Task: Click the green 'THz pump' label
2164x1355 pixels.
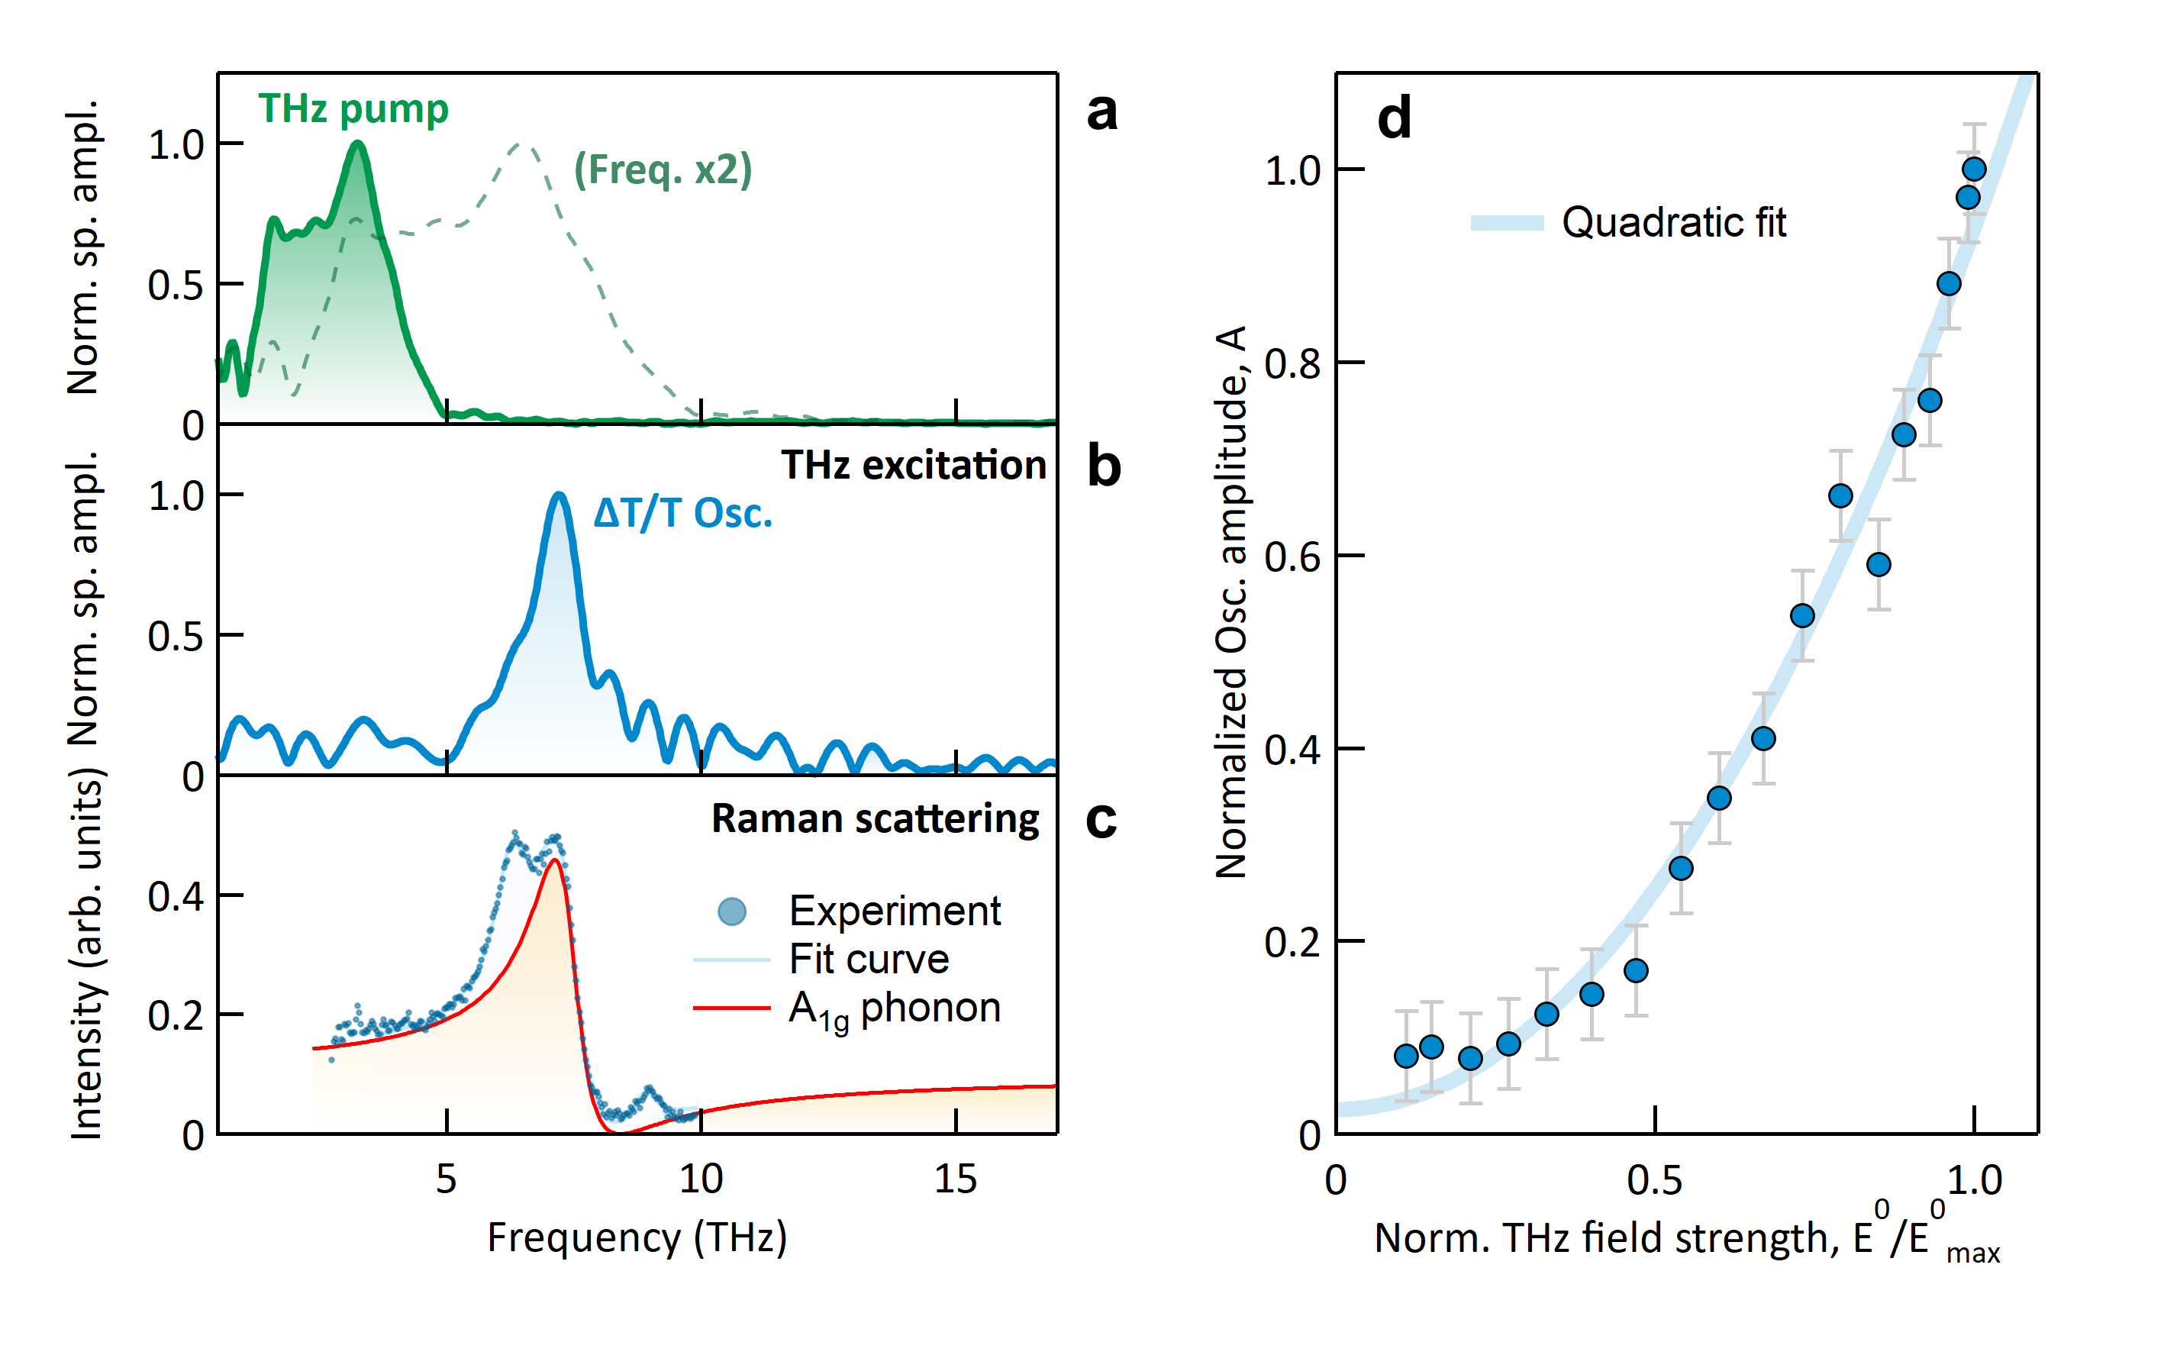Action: (x=353, y=109)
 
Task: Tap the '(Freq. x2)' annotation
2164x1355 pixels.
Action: (x=663, y=169)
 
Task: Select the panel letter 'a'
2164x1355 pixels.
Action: (x=1101, y=112)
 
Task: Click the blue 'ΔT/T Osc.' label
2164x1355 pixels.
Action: (x=683, y=514)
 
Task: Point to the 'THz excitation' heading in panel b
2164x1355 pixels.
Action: (x=913, y=465)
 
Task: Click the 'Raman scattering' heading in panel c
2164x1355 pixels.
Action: (x=875, y=819)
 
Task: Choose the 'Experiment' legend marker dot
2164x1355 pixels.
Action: (x=732, y=912)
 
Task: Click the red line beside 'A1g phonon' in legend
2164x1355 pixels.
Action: (x=731, y=1008)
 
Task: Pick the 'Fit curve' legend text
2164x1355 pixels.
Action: (x=869, y=960)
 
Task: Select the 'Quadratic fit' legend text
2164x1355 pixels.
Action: (x=1673, y=222)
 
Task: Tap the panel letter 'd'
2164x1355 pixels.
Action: (x=1395, y=118)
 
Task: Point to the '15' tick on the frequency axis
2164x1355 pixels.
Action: (x=955, y=1179)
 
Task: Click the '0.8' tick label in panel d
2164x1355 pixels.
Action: (x=1292, y=364)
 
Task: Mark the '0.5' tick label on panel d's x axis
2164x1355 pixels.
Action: (x=1654, y=1181)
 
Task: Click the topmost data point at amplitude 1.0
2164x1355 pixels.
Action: (x=1974, y=169)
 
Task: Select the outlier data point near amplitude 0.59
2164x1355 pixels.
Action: (x=1879, y=565)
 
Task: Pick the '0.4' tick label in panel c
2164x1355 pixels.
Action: (x=176, y=896)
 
